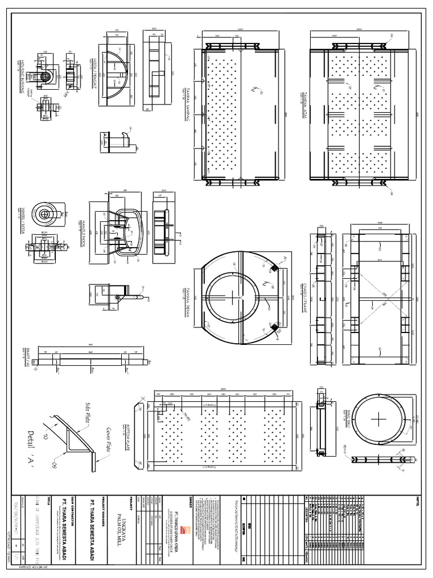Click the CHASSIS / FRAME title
point(305,296)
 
